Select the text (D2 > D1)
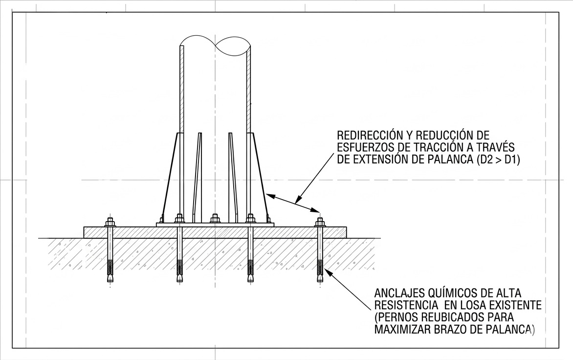(499, 160)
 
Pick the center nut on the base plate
(215, 219)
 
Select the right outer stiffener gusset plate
(258, 177)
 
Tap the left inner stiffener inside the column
(198, 177)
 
